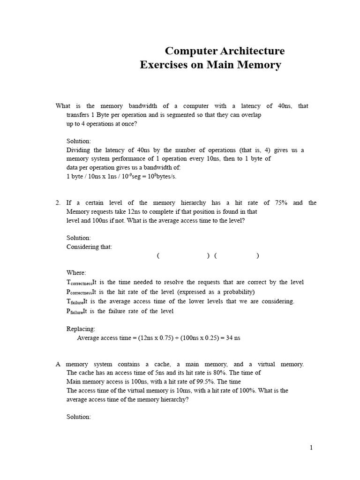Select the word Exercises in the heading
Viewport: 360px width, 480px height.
163,65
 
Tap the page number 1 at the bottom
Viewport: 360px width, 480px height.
311,448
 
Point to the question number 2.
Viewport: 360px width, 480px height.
58,202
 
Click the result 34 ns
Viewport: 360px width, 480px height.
233,337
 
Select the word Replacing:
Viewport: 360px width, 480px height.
81,329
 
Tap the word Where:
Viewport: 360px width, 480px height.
76,272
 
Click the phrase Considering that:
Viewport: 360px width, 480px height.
89,247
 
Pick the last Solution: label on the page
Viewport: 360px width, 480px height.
79,417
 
